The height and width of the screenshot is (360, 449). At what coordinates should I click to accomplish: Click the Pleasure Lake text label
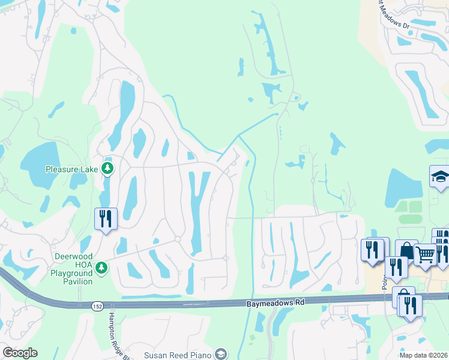[71, 169]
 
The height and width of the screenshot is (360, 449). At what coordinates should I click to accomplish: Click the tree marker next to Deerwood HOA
[102, 266]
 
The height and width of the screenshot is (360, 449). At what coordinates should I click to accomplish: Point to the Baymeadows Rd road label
[276, 304]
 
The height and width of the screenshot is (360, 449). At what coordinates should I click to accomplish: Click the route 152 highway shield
[98, 307]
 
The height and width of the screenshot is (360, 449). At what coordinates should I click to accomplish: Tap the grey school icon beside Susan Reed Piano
[221, 353]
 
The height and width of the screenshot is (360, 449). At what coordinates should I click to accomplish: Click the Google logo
[20, 353]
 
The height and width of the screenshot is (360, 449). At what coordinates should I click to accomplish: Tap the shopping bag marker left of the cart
[406, 250]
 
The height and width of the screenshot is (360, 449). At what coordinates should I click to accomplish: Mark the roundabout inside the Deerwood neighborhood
[178, 239]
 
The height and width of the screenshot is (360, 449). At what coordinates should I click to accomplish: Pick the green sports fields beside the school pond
[409, 212]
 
